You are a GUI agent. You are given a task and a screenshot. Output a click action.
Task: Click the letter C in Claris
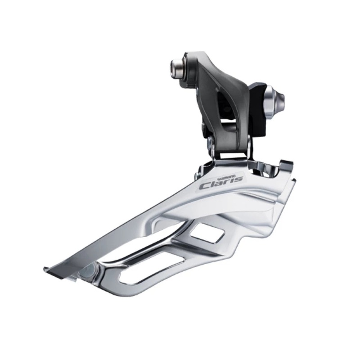(x=205, y=185)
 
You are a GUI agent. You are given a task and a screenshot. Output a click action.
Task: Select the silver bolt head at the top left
(x=176, y=67)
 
